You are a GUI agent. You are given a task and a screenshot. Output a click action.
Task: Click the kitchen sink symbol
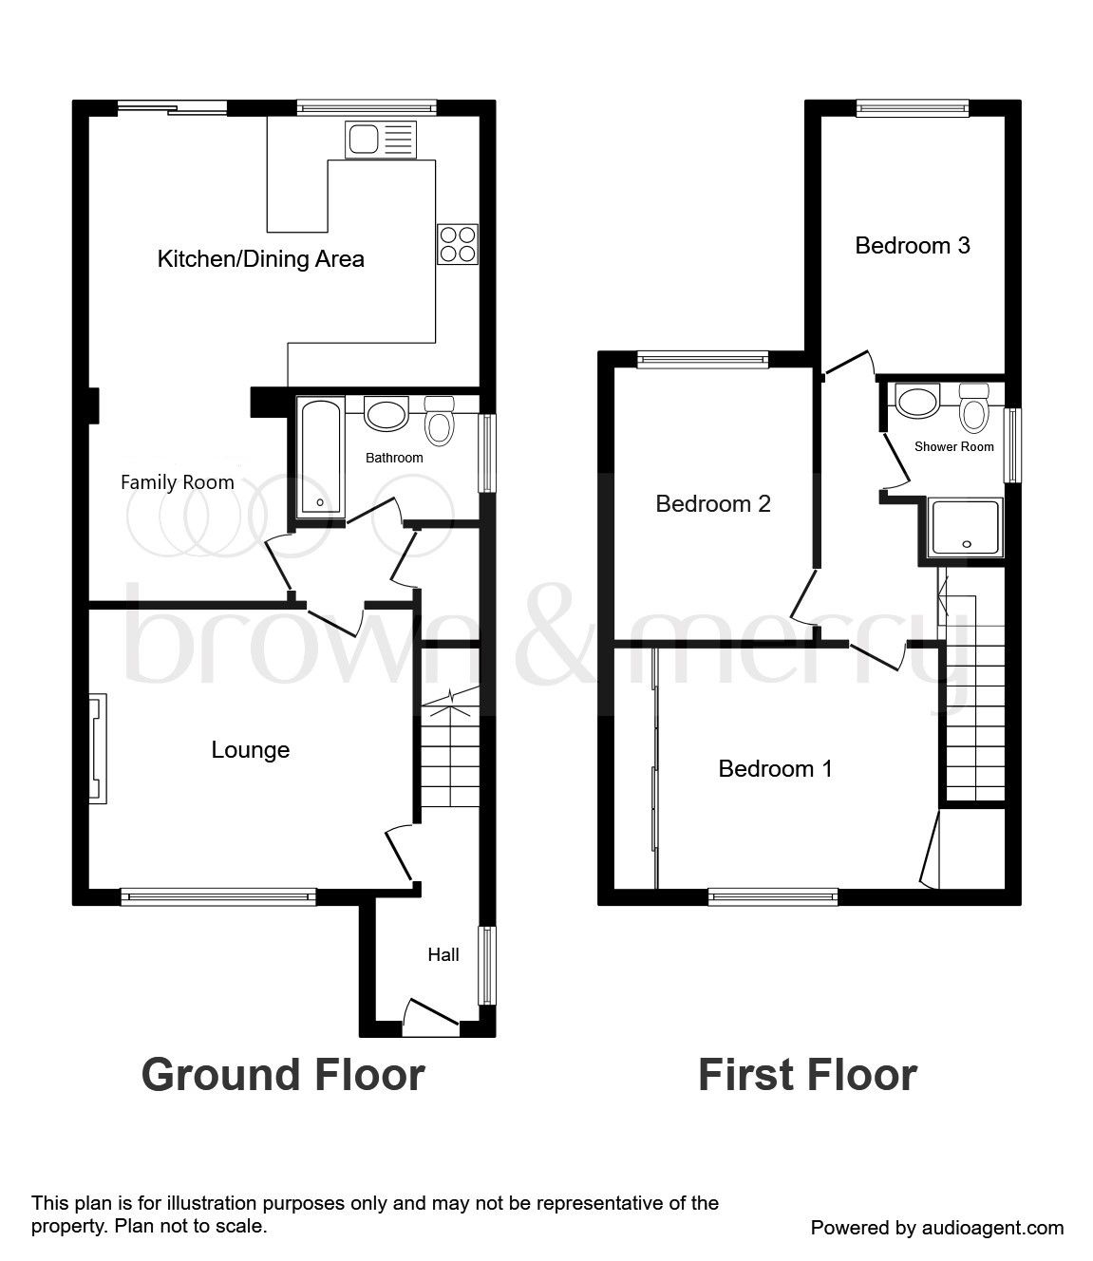click(382, 140)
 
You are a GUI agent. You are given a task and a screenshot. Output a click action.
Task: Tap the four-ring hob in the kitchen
click(458, 243)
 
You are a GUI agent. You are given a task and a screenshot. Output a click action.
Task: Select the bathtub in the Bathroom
click(320, 459)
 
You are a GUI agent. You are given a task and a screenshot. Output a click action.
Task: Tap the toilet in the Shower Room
click(973, 408)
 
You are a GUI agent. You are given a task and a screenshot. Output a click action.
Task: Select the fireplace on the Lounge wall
click(98, 749)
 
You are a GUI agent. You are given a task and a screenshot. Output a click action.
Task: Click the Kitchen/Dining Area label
click(260, 258)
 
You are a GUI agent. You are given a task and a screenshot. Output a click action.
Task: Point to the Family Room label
click(178, 482)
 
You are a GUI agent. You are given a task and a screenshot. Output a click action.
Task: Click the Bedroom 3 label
click(913, 246)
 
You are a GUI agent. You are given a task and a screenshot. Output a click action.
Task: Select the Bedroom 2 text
click(713, 503)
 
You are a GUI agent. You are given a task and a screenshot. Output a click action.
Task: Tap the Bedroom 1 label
click(775, 768)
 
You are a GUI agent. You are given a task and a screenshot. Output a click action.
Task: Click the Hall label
click(443, 954)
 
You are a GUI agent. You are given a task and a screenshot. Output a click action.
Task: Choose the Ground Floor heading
click(283, 1075)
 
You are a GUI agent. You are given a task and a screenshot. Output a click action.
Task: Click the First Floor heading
click(807, 1075)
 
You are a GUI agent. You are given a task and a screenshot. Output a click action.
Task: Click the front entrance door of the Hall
click(430, 1018)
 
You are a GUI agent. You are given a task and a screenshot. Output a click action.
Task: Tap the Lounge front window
click(218, 895)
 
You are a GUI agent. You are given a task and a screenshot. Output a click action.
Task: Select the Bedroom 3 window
click(913, 108)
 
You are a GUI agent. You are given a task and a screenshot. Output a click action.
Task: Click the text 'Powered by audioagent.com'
click(937, 1228)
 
